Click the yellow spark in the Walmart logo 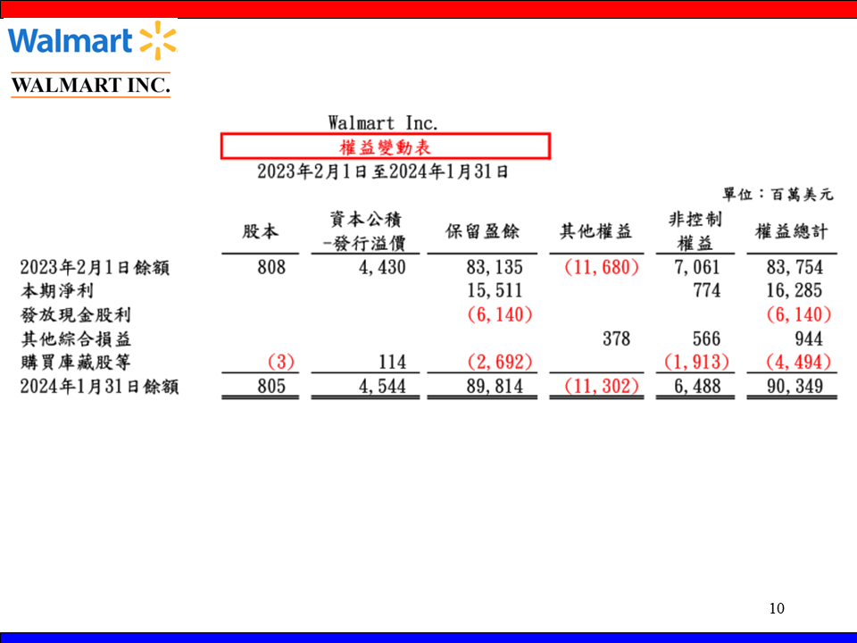(x=158, y=41)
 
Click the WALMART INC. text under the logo (x=90, y=86)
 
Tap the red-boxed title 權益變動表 (x=385, y=146)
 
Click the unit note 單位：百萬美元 (x=777, y=193)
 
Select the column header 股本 (x=261, y=232)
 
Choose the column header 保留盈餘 (x=482, y=232)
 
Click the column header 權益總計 (x=791, y=232)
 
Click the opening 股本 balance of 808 (x=270, y=267)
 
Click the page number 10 (x=777, y=609)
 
